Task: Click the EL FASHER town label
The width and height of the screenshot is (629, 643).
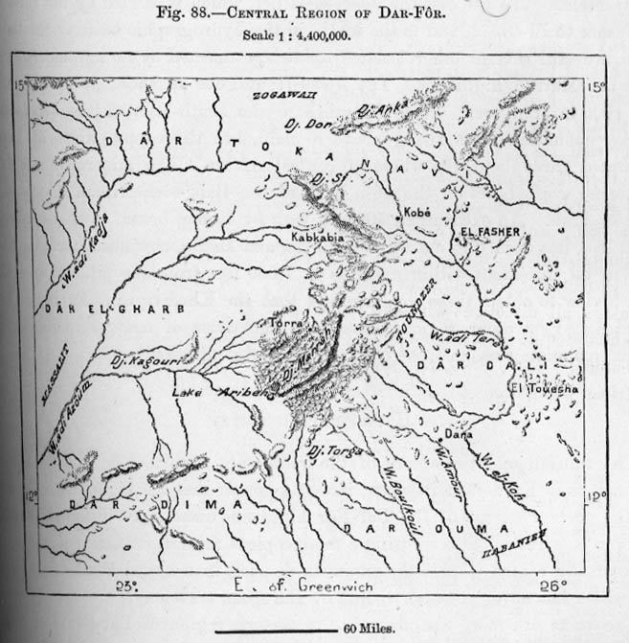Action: pyautogui.click(x=495, y=231)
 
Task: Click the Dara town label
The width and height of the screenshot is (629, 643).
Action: pyautogui.click(x=462, y=434)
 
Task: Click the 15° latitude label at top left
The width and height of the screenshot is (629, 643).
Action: pyautogui.click(x=20, y=87)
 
